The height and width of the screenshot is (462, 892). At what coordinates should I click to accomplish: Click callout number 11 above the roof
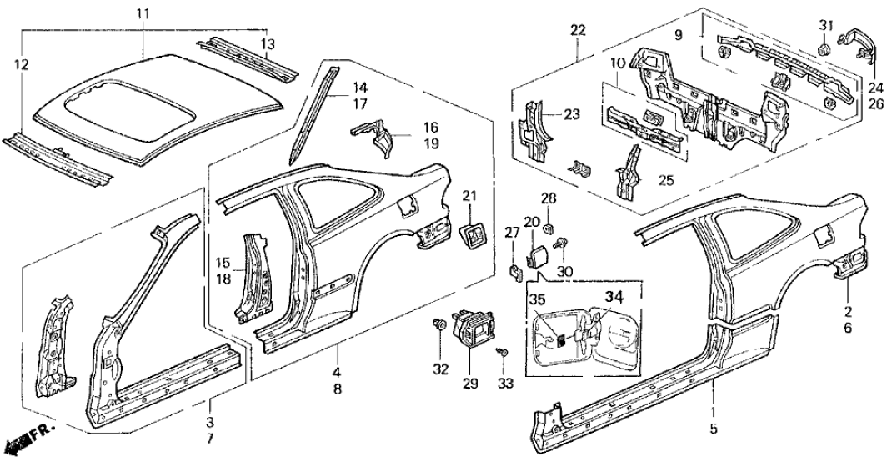tap(143, 13)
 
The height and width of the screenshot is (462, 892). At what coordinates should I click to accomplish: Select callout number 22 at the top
tap(577, 31)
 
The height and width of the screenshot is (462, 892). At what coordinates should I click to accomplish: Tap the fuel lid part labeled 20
tap(534, 254)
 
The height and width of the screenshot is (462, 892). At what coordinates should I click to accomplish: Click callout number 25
tap(666, 181)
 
